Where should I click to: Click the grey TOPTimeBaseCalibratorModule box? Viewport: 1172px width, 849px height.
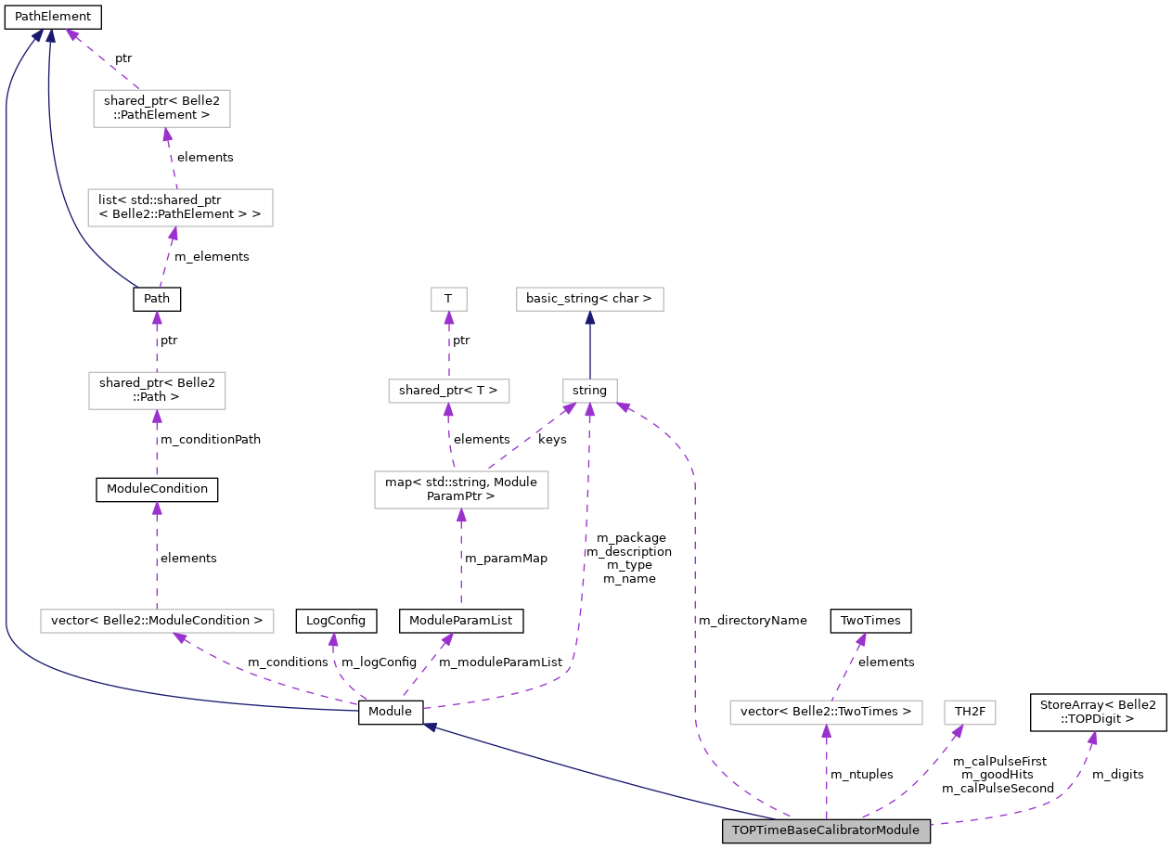(x=826, y=830)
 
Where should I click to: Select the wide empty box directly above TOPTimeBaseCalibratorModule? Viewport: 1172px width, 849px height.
(x=826, y=713)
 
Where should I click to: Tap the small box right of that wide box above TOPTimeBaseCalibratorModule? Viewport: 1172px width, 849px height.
(x=970, y=713)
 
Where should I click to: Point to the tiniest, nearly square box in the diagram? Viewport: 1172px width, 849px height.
(x=449, y=299)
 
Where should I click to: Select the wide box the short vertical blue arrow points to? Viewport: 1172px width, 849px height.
(x=590, y=299)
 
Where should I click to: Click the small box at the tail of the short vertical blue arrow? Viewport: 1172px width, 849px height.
(x=590, y=391)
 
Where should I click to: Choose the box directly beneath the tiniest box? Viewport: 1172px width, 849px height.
(x=449, y=391)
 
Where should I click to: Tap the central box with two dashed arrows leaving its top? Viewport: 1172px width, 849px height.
(x=461, y=490)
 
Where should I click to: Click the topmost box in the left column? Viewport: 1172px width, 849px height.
(x=161, y=109)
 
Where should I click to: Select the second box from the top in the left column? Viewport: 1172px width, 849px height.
(x=180, y=208)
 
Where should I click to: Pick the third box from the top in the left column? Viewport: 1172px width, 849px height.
(x=157, y=391)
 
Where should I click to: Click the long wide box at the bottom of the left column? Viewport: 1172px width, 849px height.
(x=157, y=621)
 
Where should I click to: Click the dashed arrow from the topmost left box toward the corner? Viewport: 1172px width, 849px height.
(x=102, y=59)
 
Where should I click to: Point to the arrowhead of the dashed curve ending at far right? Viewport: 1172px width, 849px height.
(x=1092, y=739)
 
